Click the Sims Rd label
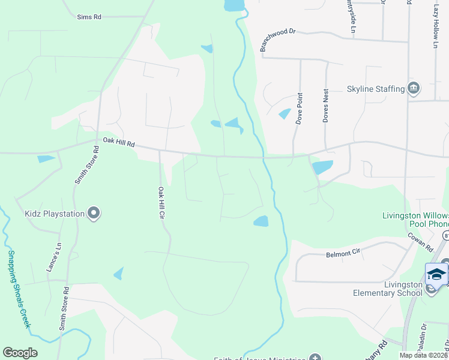click(89, 17)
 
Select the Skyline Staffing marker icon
click(414, 89)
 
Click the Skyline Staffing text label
click(376, 89)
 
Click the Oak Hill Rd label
click(119, 143)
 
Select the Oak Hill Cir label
click(161, 202)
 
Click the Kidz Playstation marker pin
click(94, 212)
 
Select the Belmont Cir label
click(343, 254)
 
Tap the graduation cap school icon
click(436, 274)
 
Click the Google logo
click(20, 353)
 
